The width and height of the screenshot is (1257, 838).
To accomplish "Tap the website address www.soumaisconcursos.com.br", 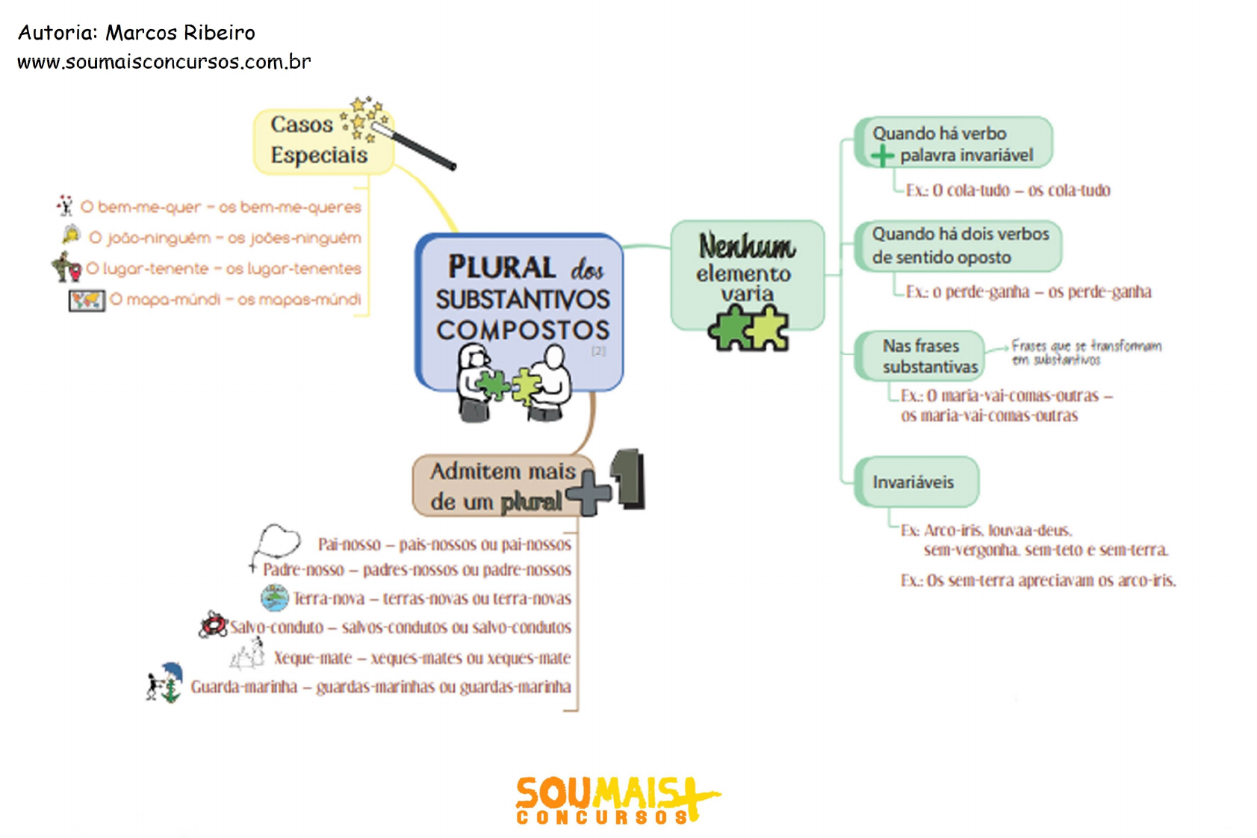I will point(164,62).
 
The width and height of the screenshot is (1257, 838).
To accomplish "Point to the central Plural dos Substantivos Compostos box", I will point(521,310).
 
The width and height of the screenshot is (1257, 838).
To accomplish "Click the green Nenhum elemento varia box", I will point(746,274).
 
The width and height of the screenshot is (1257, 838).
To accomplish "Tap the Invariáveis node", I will point(915,482).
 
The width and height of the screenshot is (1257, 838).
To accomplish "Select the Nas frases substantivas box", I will point(922,356).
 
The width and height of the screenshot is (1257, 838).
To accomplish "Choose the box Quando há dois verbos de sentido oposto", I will point(959,246).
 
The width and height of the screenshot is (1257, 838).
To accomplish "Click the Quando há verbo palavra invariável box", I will point(954,143).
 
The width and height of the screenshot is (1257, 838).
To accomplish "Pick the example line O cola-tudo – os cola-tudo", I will point(1008,190).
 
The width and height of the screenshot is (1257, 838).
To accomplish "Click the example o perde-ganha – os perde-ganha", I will point(1028,292).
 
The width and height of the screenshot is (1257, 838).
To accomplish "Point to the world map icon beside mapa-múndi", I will point(87,300).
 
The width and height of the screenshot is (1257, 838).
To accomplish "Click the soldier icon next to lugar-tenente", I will point(66,267).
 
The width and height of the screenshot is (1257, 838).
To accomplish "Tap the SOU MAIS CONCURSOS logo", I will point(616,800).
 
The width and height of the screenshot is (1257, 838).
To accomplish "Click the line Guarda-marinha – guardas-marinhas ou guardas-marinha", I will point(380,687).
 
